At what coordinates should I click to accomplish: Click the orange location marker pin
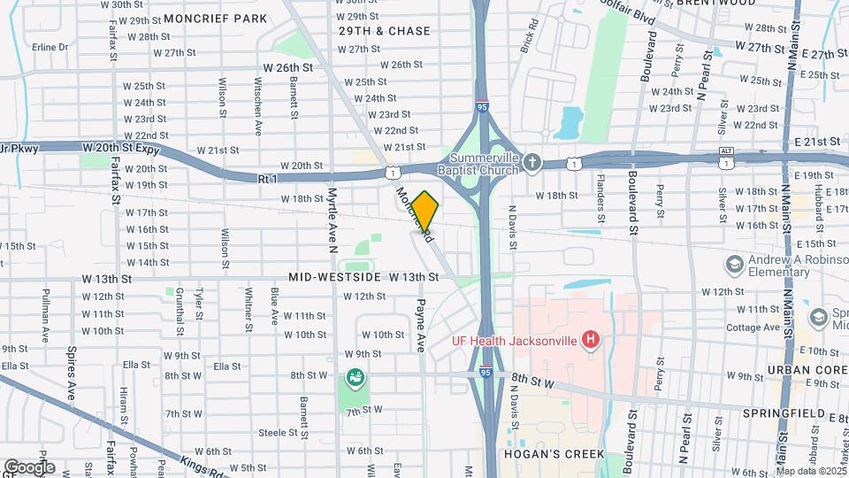click(x=425, y=209)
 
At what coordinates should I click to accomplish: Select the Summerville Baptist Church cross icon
click(x=532, y=162)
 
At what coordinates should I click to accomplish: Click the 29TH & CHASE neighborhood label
click(x=385, y=31)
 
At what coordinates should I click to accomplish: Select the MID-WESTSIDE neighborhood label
click(x=333, y=277)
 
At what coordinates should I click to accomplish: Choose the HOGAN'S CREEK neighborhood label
click(x=555, y=455)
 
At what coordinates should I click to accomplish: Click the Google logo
click(x=28, y=466)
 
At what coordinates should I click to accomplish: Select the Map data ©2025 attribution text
click(x=810, y=471)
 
